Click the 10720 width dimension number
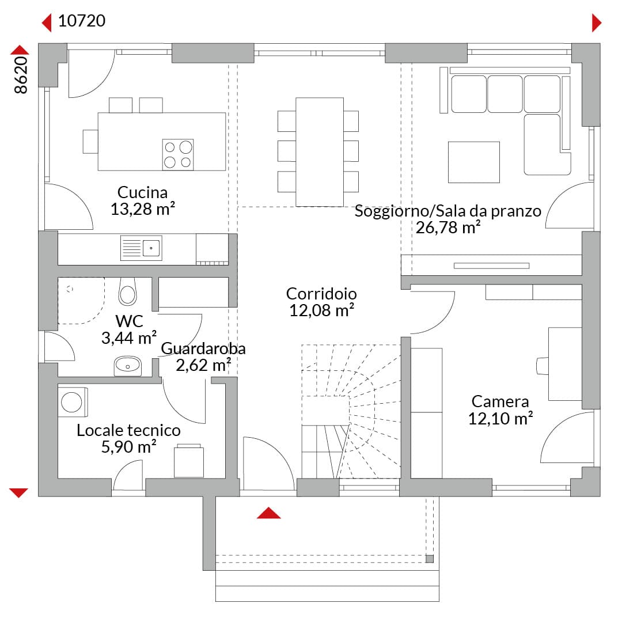[x=82, y=21]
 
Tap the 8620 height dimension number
[x=21, y=75]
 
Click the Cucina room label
[x=142, y=192]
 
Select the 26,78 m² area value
[x=448, y=227]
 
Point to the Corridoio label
[x=321, y=294]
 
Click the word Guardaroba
[x=203, y=348]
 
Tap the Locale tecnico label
[x=128, y=430]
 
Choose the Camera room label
[x=500, y=401]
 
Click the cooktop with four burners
[x=178, y=155]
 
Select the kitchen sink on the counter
[x=141, y=248]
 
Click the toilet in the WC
[x=127, y=291]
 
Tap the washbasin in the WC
[x=128, y=366]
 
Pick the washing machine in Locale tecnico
[x=73, y=402]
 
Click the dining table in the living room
[x=320, y=152]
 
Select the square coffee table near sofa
[x=473, y=162]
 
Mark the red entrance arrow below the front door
[x=268, y=513]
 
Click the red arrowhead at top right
[x=597, y=22]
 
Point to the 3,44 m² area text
[x=129, y=338]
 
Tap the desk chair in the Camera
[x=543, y=366]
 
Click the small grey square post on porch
[x=430, y=559]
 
